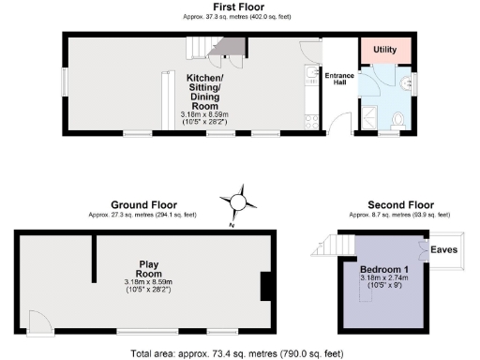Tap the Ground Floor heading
[x=144, y=204]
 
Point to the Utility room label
[x=385, y=49]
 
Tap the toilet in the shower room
[x=399, y=120]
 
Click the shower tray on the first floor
[x=371, y=117]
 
